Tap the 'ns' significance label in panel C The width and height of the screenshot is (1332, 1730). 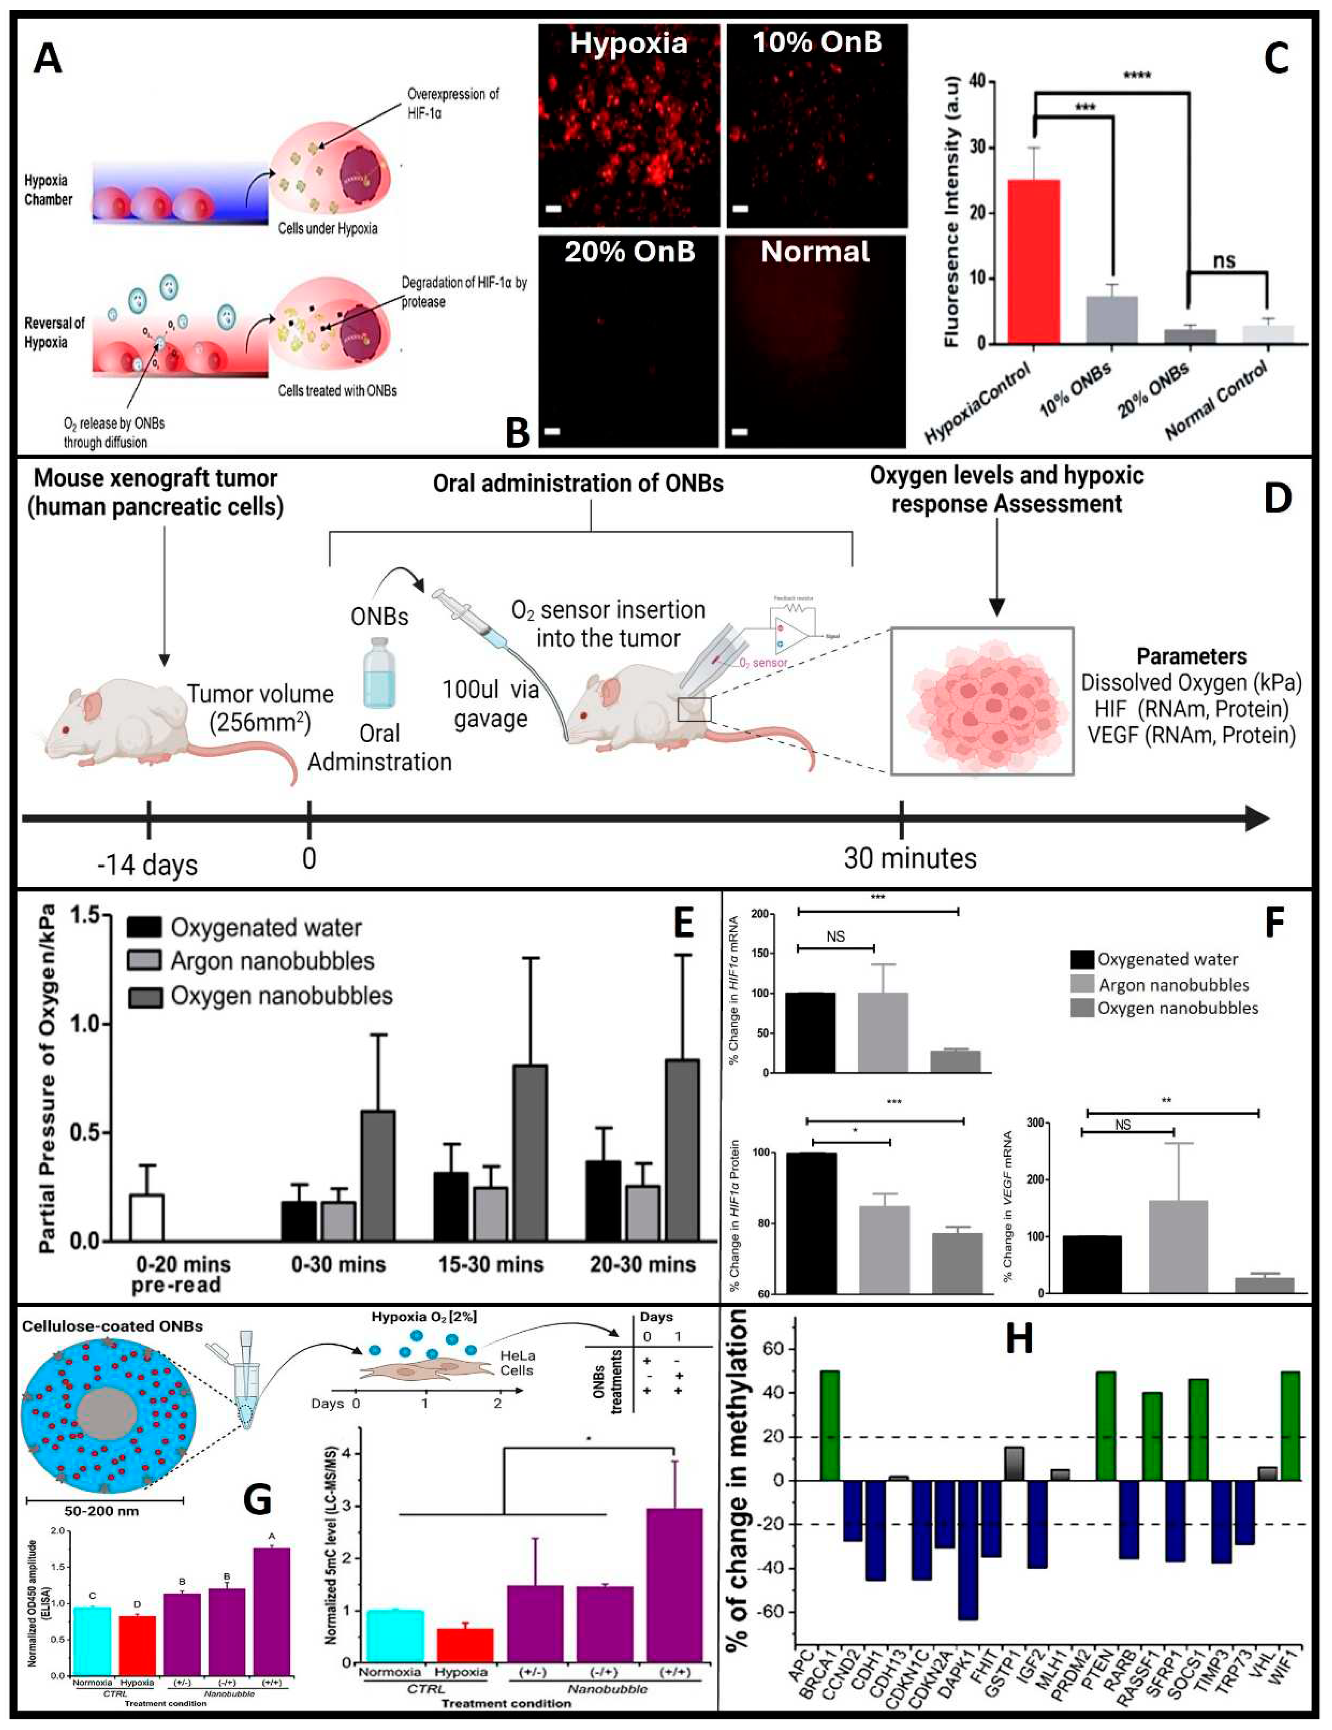pos(1224,260)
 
